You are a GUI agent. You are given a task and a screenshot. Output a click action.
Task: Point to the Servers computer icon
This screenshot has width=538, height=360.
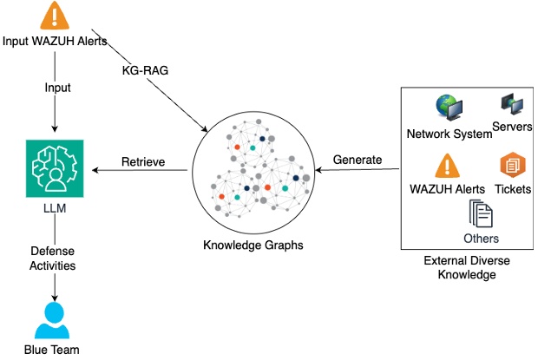tap(511, 106)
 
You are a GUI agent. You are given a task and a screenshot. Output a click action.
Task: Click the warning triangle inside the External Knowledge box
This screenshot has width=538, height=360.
tap(447, 166)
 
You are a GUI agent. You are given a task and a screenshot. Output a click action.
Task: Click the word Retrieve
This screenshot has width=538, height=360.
tap(142, 161)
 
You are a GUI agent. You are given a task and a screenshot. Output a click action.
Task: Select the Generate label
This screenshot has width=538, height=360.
tap(358, 160)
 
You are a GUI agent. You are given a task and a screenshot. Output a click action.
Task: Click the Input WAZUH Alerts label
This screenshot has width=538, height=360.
tap(55, 42)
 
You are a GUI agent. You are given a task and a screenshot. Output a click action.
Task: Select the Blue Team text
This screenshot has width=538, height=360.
tap(55, 350)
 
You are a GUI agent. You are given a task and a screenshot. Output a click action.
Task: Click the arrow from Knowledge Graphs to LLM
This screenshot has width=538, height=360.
tap(139, 171)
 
